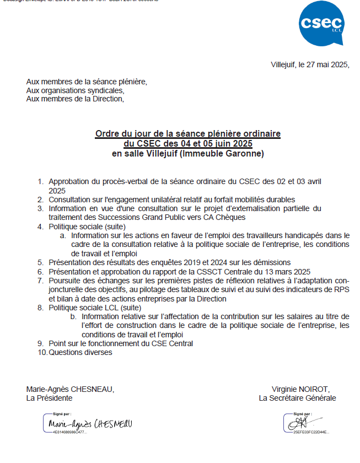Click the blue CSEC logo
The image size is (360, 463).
[322, 24]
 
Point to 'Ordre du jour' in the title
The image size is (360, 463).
[120, 134]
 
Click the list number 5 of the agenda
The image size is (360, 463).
[40, 262]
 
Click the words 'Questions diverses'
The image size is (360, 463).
[80, 353]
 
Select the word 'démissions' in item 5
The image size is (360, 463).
[270, 262]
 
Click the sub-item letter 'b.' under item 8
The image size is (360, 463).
[73, 316]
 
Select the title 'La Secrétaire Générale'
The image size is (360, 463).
[297, 398]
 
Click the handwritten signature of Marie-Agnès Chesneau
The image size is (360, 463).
[90, 424]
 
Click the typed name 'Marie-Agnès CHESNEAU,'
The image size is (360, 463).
[71, 389]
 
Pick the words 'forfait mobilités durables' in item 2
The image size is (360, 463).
[250, 200]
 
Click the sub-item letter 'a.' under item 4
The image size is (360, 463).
[63, 235]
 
